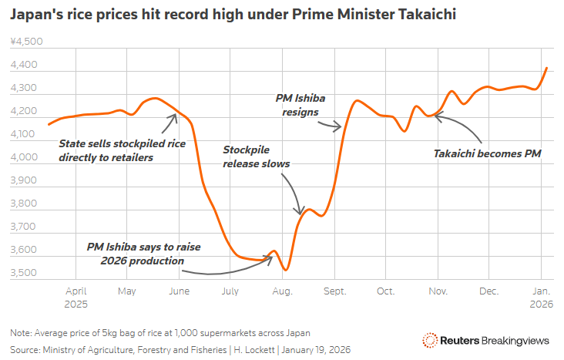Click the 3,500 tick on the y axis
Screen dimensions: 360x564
point(26,274)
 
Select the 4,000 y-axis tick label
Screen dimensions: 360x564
point(26,158)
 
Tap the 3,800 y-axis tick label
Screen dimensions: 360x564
point(26,204)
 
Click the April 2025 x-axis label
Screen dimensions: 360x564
point(76,298)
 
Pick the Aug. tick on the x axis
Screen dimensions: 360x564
point(283,291)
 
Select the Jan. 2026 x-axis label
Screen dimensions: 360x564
point(541,298)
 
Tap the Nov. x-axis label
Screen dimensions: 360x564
point(438,291)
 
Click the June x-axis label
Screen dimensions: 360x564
point(179,291)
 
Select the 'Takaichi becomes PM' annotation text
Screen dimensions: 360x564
point(488,153)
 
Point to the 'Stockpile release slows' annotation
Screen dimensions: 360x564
point(257,156)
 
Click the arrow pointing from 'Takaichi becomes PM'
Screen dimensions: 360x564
point(462,127)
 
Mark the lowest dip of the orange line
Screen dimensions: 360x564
point(286,270)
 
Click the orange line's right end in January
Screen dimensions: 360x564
point(546,68)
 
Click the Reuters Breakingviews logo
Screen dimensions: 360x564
point(486,340)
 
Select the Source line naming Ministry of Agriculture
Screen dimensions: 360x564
point(181,349)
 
